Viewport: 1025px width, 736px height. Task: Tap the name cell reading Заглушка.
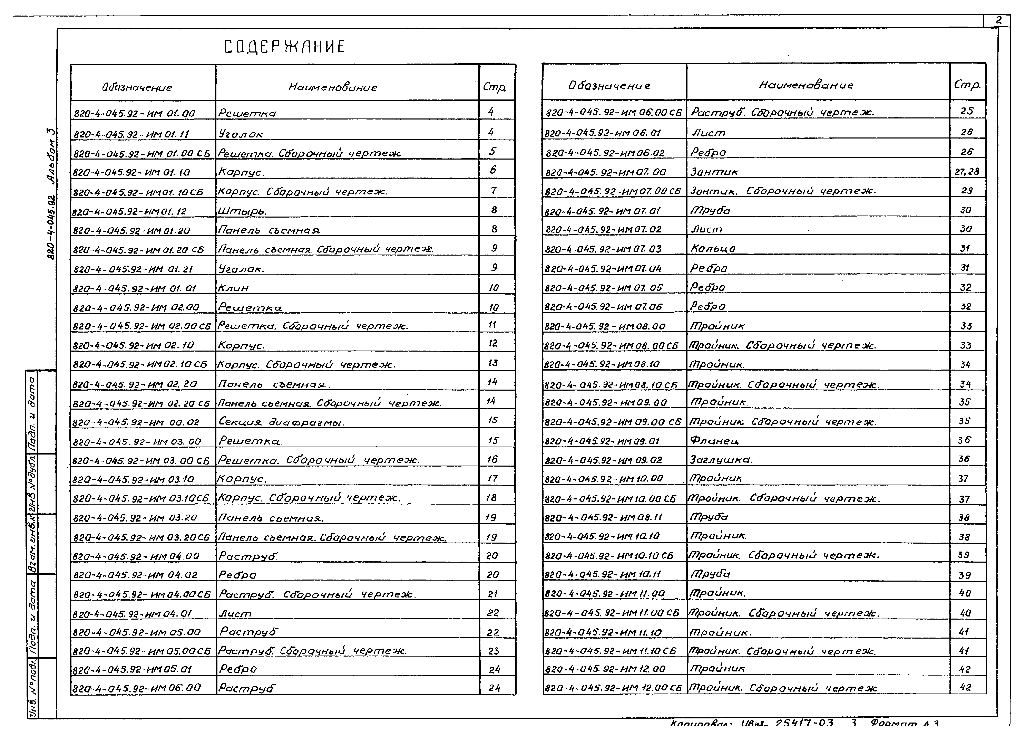coord(721,460)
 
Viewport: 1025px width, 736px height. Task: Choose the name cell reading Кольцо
coord(713,248)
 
